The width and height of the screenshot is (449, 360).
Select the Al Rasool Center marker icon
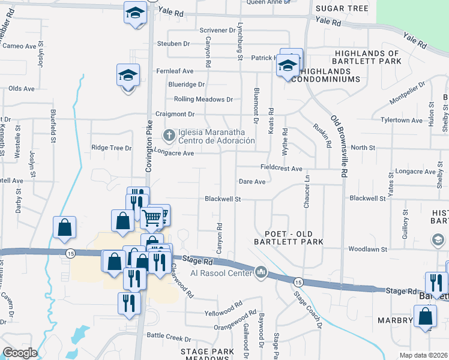[x=261, y=273]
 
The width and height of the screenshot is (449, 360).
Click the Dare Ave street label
[x=252, y=182]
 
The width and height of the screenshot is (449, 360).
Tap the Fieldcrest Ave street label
[x=281, y=169]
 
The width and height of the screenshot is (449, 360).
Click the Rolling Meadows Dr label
[x=203, y=99]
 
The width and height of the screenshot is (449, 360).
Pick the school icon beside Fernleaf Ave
[x=128, y=75]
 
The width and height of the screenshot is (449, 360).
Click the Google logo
[x=20, y=353]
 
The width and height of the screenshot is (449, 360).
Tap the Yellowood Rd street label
[x=223, y=313]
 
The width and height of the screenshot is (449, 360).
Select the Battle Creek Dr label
[x=169, y=338]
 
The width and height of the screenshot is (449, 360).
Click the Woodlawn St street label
[x=366, y=248]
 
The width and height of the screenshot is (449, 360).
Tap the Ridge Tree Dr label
[x=111, y=148]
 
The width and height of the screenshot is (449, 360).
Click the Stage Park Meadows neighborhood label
[x=206, y=355]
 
